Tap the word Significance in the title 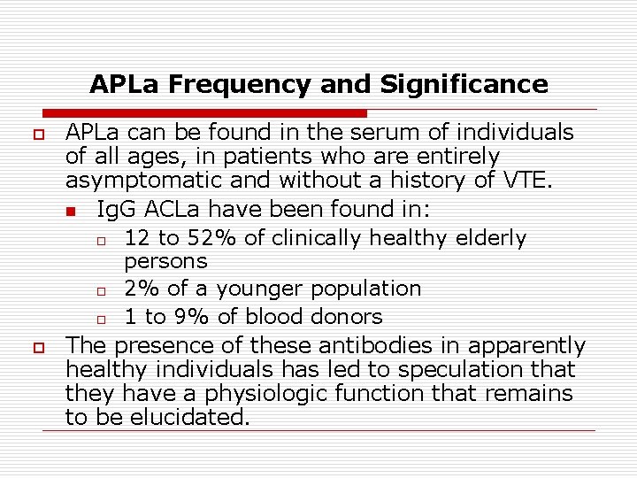(464, 85)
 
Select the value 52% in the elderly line (193, 238)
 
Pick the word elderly (491, 238)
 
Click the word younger (258, 289)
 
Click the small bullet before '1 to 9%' (102, 318)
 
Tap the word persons (165, 261)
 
